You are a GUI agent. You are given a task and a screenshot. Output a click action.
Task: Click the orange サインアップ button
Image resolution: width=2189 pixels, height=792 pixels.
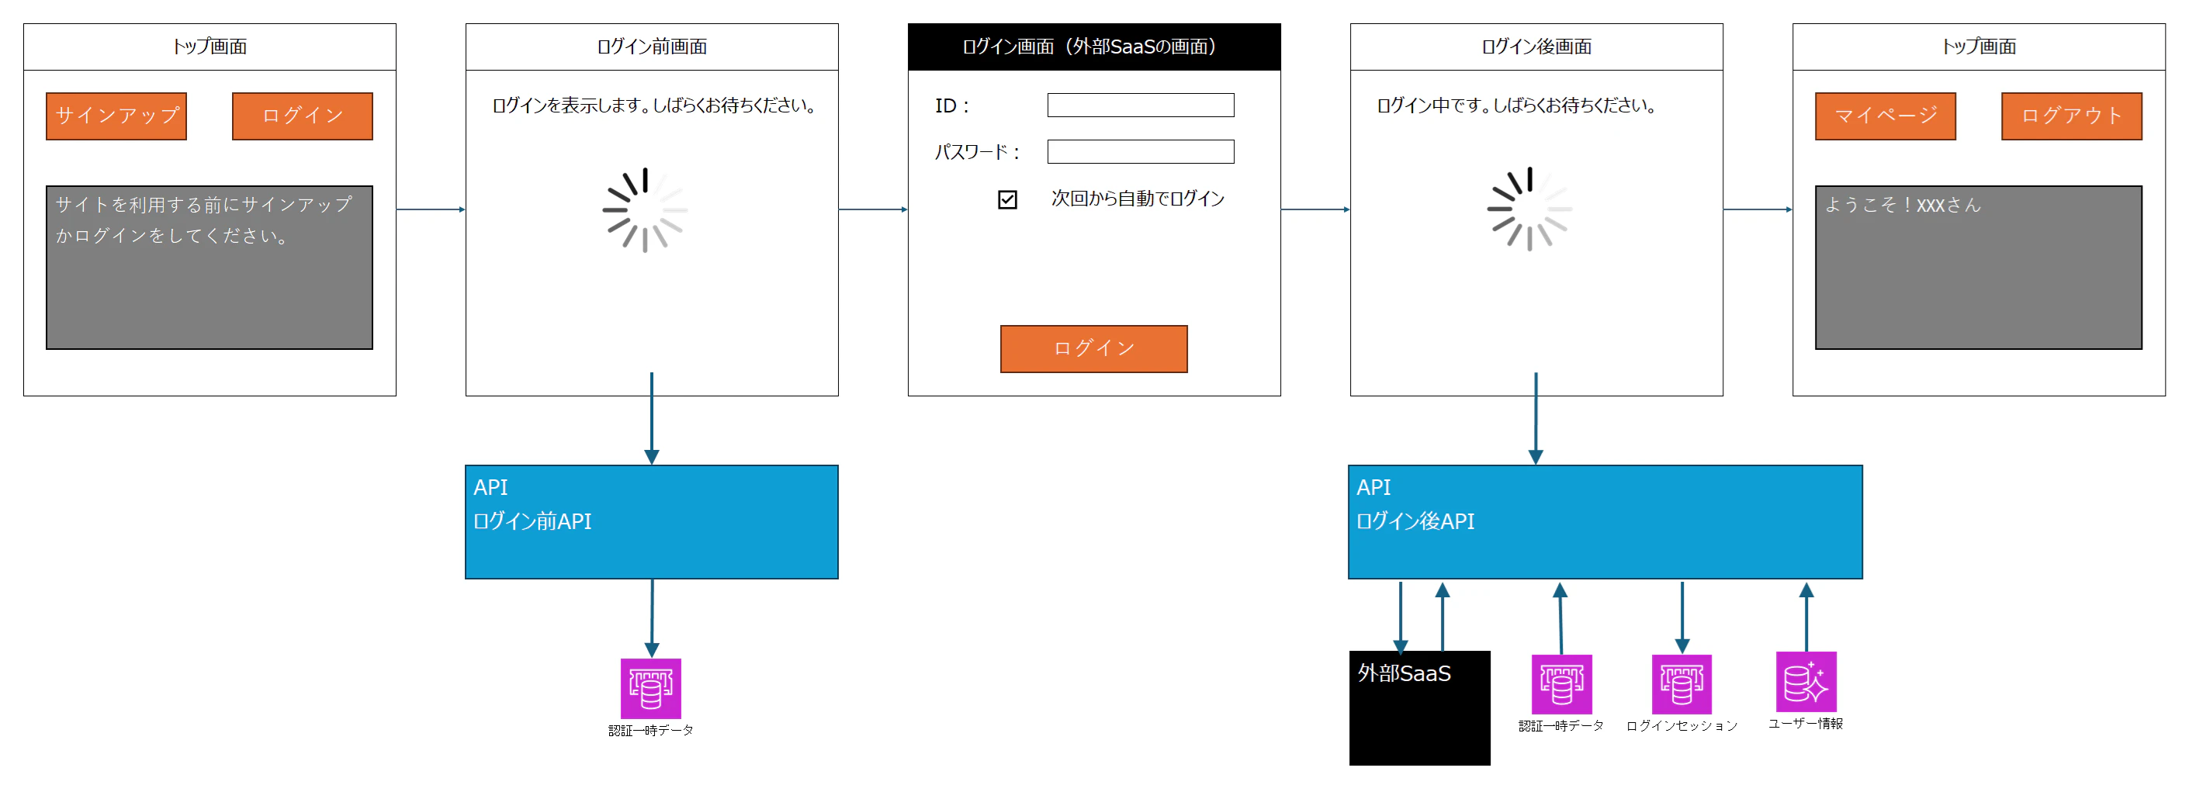[116, 116]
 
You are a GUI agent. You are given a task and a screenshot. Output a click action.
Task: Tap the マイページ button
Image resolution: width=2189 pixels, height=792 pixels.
[1885, 116]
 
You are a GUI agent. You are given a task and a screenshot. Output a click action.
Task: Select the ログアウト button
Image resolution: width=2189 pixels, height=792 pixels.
[2071, 116]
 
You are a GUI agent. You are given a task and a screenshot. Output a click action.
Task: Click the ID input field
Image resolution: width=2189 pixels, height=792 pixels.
[1141, 105]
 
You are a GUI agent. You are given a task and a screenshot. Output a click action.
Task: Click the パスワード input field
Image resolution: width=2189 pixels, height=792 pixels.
[1141, 152]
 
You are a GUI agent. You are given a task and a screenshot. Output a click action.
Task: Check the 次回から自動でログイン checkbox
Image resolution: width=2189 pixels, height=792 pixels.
[1007, 199]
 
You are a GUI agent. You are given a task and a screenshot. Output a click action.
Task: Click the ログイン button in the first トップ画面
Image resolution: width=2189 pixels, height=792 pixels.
[303, 116]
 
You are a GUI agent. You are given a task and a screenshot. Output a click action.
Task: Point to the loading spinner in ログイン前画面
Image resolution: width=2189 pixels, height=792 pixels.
[645, 210]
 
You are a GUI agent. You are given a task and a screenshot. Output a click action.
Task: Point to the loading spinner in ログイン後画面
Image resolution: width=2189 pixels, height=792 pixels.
[1529, 209]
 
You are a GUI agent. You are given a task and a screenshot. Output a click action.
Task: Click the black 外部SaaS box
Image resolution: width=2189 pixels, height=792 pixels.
[1419, 708]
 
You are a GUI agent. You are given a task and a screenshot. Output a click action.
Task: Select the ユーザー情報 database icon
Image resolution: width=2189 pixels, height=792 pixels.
[1806, 682]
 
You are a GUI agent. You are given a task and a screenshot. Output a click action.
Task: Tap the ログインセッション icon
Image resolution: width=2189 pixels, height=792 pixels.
[1681, 684]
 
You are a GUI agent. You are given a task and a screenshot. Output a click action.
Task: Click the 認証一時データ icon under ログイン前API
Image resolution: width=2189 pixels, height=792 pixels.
[651, 688]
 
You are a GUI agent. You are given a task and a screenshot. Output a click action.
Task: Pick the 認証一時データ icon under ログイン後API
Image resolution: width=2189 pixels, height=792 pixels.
[1561, 684]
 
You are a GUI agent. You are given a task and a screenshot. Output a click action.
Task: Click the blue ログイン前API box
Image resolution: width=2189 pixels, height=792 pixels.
[652, 522]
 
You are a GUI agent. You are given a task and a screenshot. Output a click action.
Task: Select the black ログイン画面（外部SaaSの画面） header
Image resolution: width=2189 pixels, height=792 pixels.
[1093, 47]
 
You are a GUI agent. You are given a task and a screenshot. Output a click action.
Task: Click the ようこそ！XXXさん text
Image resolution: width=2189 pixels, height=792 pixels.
[1903, 205]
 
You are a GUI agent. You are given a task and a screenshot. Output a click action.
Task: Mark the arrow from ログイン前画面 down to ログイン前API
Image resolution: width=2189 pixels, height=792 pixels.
[652, 418]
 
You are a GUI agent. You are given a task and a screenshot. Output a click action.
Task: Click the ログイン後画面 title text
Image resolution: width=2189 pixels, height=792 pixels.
[1536, 47]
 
